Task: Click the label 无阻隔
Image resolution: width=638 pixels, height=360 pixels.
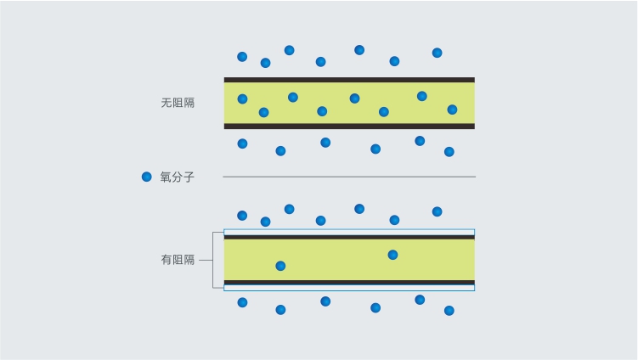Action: click(x=178, y=103)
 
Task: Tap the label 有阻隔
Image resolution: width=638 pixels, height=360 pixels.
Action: click(x=178, y=260)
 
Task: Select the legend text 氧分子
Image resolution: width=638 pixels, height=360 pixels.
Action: click(x=178, y=177)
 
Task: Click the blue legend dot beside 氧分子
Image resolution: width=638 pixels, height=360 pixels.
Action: click(x=146, y=177)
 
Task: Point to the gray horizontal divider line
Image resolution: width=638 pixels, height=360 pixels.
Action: click(x=349, y=177)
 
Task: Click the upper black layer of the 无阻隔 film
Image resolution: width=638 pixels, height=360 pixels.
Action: click(x=349, y=80)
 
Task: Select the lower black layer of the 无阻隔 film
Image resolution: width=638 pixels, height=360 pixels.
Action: click(x=349, y=127)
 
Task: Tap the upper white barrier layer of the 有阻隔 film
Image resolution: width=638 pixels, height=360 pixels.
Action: click(x=349, y=233)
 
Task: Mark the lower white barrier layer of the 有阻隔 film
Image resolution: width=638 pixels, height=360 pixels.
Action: click(x=349, y=288)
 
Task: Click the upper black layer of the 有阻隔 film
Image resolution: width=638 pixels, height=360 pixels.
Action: click(x=349, y=237)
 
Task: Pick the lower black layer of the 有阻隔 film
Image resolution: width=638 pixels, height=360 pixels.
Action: click(x=349, y=282)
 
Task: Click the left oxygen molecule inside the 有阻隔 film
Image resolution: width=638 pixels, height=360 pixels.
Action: click(x=280, y=266)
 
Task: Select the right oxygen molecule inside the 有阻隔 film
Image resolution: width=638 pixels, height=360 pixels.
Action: click(x=392, y=255)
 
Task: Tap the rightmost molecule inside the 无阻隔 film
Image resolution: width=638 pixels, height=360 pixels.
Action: click(x=452, y=110)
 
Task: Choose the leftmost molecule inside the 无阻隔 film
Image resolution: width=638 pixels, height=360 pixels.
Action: click(x=242, y=98)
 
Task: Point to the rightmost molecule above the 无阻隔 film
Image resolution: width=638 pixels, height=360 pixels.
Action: click(x=437, y=53)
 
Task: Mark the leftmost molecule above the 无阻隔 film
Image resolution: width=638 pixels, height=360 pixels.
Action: click(x=242, y=57)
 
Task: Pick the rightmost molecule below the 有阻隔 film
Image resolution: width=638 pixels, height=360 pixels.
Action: click(x=449, y=311)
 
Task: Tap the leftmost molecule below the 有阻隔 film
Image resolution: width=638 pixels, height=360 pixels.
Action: click(x=242, y=302)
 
